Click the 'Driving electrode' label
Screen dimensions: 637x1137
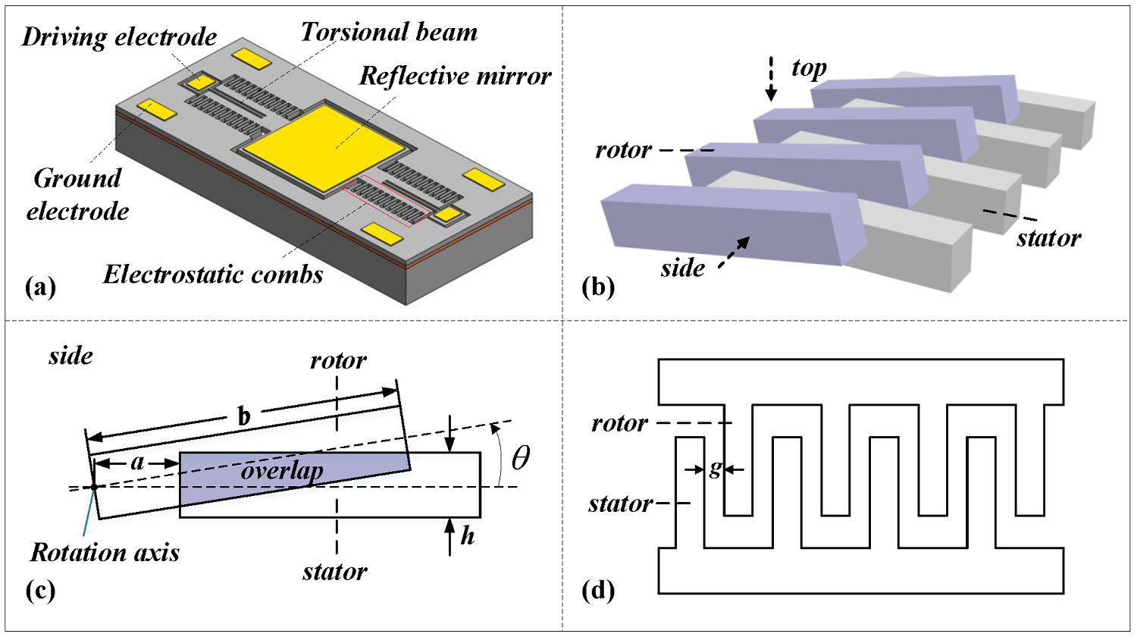[119, 37]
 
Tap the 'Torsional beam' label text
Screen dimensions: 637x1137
[389, 32]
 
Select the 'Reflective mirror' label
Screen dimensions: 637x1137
[455, 76]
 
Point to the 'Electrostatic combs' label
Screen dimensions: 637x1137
[213, 274]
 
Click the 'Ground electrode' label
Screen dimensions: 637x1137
[77, 195]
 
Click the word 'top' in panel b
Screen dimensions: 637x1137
[808, 68]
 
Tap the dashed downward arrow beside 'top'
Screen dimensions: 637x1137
[771, 78]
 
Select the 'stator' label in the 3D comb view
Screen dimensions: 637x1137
[1048, 238]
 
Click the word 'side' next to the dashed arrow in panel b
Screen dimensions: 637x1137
[682, 268]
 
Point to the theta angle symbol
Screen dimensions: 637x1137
[521, 458]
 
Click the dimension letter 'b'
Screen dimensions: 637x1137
[244, 416]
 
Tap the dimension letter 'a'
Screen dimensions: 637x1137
[137, 461]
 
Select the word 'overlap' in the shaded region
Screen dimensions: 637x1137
[282, 471]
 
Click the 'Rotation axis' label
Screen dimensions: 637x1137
[105, 552]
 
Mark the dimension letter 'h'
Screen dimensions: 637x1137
[468, 536]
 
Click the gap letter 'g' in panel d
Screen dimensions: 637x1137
[715, 469]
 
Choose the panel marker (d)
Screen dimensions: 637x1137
[598, 590]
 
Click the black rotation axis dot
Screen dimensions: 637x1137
[93, 487]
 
